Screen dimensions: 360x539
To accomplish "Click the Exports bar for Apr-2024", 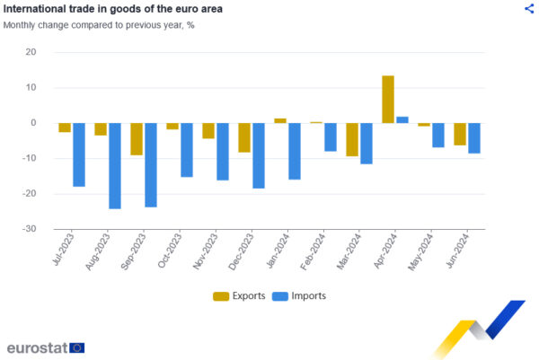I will point(388,99).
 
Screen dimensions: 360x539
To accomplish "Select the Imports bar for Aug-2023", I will point(115,165).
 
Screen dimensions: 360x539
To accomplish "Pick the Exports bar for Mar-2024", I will point(352,139).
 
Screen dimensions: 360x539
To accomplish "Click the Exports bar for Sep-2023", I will point(137,138).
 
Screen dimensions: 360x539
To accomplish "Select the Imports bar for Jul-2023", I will point(79,154).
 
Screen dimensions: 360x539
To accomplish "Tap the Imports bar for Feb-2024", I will point(331,136).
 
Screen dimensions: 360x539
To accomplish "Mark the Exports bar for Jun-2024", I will point(460,134).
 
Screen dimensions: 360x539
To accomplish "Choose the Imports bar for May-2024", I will point(438,135).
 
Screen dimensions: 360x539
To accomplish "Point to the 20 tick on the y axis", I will point(31,52).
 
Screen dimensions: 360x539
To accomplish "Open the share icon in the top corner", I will point(528,9).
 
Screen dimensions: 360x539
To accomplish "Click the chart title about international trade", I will point(113,9).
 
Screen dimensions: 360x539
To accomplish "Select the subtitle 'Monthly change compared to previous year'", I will point(99,25).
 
